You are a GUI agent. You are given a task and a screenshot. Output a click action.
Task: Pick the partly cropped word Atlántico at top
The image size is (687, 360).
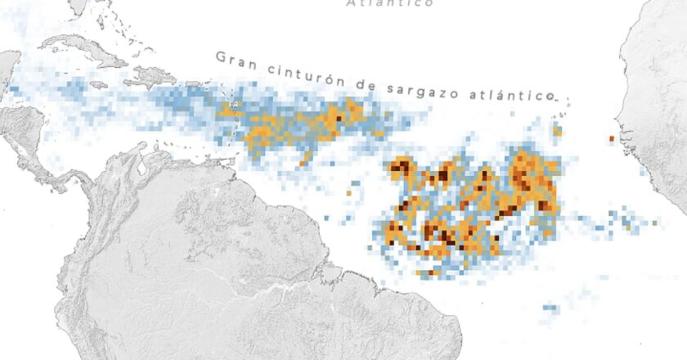coord(389,3)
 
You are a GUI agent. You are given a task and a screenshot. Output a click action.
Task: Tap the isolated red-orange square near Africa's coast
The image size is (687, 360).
coord(610,139)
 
